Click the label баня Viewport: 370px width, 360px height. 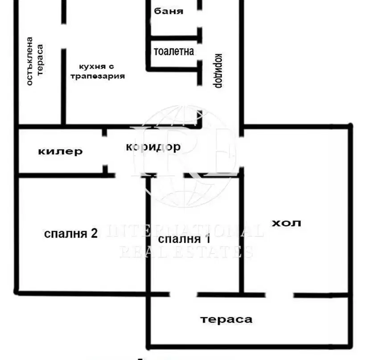click(x=169, y=11)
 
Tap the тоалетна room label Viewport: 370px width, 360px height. click(x=174, y=51)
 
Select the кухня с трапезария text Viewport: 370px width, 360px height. click(x=98, y=71)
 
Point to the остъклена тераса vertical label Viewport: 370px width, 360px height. click(x=35, y=61)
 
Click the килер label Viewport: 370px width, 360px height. click(x=61, y=151)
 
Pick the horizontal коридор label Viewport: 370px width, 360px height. click(x=153, y=147)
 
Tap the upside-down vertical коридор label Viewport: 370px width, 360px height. click(x=218, y=71)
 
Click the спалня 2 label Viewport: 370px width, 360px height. click(x=71, y=233)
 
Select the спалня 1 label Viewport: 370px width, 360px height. click(x=184, y=239)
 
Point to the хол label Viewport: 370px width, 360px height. click(x=286, y=223)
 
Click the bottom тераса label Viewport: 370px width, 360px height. click(x=226, y=319)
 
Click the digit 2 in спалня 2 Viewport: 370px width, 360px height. click(x=94, y=233)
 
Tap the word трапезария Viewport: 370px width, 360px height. click(x=98, y=76)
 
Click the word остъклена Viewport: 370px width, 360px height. click(x=30, y=61)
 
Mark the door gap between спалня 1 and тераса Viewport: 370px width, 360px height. click(x=183, y=295)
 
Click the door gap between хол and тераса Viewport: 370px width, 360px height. click(x=280, y=295)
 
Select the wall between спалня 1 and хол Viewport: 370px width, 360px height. click(x=242, y=235)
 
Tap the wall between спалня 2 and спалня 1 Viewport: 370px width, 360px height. click(x=148, y=235)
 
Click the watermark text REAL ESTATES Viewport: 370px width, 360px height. click(x=186, y=252)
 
